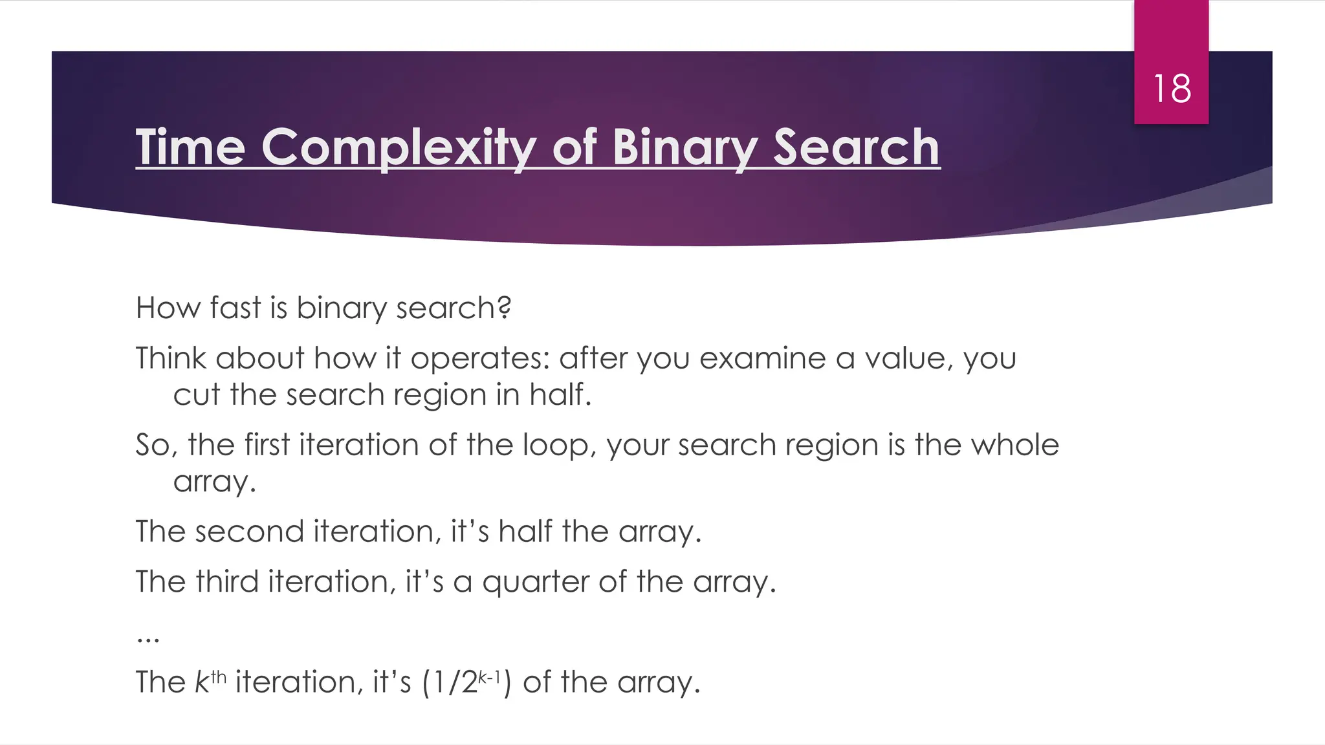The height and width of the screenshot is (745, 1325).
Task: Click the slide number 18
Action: coord(1172,89)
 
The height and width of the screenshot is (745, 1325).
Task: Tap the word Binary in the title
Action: coord(685,149)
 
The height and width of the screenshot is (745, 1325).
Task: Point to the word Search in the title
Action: coord(857,147)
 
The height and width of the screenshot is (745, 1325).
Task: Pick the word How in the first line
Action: coord(163,308)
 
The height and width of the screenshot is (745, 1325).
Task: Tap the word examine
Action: coord(762,358)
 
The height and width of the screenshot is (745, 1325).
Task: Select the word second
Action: coord(250,532)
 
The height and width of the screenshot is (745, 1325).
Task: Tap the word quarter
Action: coord(535,583)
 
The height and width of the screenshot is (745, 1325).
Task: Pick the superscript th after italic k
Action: coord(219,676)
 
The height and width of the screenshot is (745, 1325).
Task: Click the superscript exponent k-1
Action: coord(490,676)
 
